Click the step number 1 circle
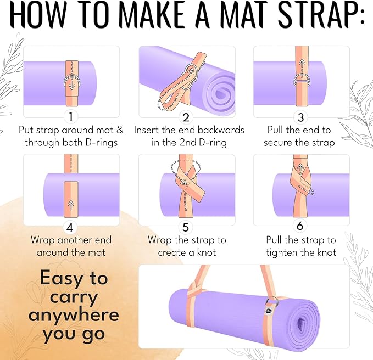click(x=70, y=117)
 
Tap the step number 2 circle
click(x=186, y=117)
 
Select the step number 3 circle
click(x=300, y=117)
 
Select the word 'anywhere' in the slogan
click(x=74, y=315)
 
